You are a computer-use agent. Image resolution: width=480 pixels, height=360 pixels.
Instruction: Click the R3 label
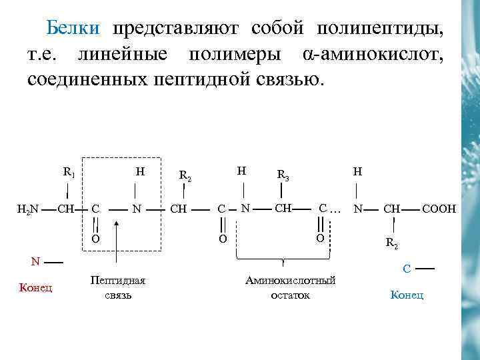pos(282,176)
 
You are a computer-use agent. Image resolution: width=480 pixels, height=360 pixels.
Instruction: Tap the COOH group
pos(439,209)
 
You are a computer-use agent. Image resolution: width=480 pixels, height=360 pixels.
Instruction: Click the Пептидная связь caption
pos(117,287)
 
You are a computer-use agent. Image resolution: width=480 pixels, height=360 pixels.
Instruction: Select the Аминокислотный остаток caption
pos(290,287)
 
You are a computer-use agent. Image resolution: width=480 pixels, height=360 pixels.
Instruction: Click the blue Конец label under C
pos(407,295)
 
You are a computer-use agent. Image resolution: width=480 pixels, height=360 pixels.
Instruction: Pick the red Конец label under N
pos(35,288)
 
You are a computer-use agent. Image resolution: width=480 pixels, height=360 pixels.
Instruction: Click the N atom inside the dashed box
pos(136,209)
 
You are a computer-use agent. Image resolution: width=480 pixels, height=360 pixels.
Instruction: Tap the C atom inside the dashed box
pos(96,209)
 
